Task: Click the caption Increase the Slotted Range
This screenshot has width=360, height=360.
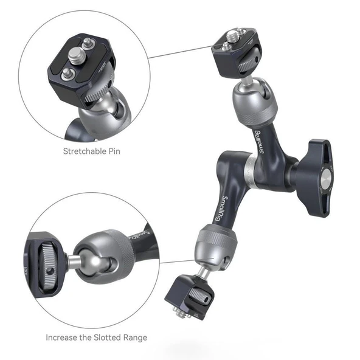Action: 96,337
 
